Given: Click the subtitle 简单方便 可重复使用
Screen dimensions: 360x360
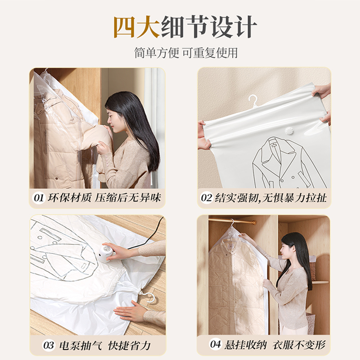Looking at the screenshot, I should click(x=185, y=53).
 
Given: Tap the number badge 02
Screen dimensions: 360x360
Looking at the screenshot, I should click(x=207, y=198).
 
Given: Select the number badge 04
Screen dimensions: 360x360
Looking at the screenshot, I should click(x=216, y=345).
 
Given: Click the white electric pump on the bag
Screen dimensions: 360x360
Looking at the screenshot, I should click(x=108, y=252).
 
